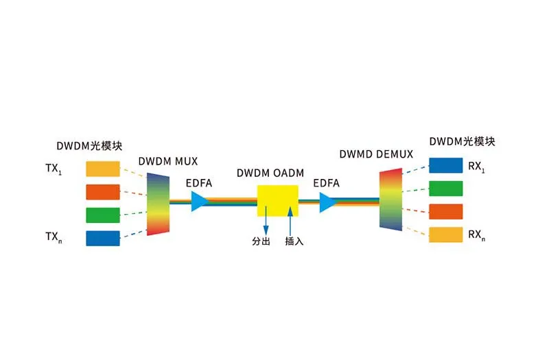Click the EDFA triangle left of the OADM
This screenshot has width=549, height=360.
coord(198,201)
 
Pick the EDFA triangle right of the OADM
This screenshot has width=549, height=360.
coord(327,202)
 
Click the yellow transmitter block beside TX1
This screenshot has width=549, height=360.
coord(103,169)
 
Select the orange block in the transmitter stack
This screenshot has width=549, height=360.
coord(103,191)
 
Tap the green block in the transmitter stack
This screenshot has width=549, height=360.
coord(103,215)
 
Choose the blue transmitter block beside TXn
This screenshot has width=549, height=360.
coord(103,238)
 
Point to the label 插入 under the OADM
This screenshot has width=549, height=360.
coord(294,242)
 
